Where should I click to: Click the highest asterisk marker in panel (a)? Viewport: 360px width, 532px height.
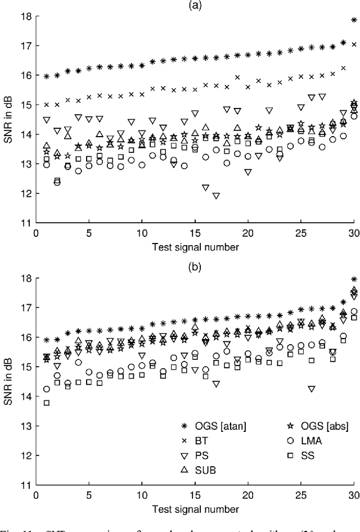coord(354,20)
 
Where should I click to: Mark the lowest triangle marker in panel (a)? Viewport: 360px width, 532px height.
coord(216,196)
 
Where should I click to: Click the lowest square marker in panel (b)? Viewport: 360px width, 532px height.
coord(46,403)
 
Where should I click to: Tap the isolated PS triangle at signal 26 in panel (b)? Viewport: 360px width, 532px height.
coord(312,389)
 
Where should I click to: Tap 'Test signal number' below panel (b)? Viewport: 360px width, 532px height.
coord(195,508)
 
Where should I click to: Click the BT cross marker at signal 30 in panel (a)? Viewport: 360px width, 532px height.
coord(354,44)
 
